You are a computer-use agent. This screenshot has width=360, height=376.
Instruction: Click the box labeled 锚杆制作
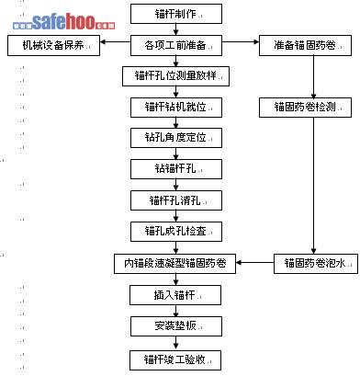pyautogui.click(x=176, y=14)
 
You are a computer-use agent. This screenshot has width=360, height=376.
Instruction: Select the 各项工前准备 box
pyautogui.click(x=176, y=45)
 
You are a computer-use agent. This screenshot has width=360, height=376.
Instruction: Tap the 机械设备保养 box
pyautogui.click(x=53, y=45)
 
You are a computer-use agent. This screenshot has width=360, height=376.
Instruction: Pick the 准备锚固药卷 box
pyautogui.click(x=305, y=45)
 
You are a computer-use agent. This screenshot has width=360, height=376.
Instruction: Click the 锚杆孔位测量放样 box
pyautogui.click(x=175, y=76)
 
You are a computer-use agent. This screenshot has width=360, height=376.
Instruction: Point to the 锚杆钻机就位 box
pyautogui.click(x=176, y=108)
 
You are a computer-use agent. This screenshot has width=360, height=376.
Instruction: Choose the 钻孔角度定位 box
pyautogui.click(x=176, y=138)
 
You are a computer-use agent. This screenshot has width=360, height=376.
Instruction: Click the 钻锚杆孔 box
pyautogui.click(x=176, y=169)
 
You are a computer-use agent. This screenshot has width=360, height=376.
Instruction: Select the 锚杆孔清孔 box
pyautogui.click(x=176, y=200)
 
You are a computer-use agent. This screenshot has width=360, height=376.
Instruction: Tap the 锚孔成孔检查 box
pyautogui.click(x=176, y=232)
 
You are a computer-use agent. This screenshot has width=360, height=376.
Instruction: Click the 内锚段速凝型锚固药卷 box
pyautogui.click(x=174, y=264)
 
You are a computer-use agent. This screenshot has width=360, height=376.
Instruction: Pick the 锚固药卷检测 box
pyautogui.click(x=305, y=108)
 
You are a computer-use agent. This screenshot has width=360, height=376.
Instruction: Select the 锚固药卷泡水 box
pyautogui.click(x=316, y=264)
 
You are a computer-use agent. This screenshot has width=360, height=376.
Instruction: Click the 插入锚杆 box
pyautogui.click(x=175, y=295)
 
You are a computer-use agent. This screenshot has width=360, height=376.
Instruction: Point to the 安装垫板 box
pyautogui.click(x=176, y=326)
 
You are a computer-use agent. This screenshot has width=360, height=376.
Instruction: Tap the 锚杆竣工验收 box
pyautogui.click(x=175, y=360)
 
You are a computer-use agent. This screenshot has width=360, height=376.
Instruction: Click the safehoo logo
pyautogui.click(x=64, y=21)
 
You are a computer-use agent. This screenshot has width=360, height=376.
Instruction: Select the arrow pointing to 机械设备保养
pyautogui.click(x=116, y=42)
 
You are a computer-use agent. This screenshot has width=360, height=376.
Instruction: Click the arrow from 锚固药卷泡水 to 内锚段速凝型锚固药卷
pyautogui.click(x=254, y=263)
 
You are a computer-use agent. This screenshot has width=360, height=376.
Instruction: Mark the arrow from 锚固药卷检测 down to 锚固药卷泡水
pyautogui.click(x=313, y=186)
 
